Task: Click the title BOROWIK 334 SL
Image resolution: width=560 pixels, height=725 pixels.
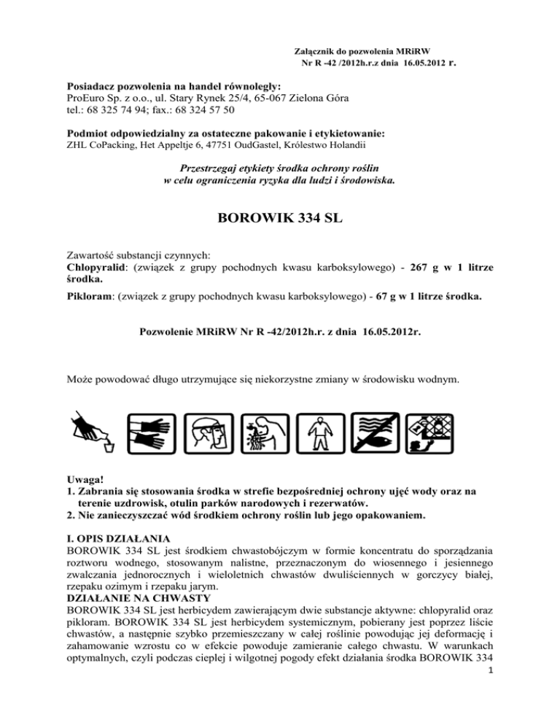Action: pos(280,220)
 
